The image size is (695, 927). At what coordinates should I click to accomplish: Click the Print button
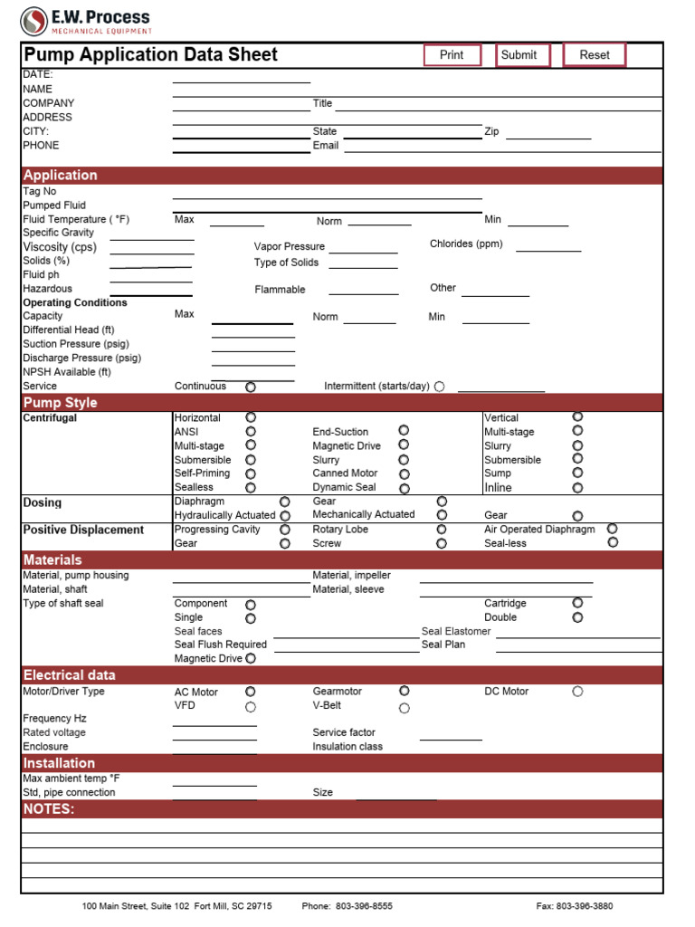(x=452, y=55)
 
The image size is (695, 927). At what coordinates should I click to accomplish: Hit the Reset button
(x=595, y=55)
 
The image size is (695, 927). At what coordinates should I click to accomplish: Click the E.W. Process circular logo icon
(x=34, y=21)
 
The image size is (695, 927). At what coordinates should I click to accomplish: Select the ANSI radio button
(x=251, y=432)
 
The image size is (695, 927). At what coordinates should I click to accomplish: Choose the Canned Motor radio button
(x=404, y=473)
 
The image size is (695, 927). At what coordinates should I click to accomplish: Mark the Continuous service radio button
(x=251, y=387)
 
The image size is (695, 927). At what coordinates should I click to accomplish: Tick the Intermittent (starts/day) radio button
(x=439, y=387)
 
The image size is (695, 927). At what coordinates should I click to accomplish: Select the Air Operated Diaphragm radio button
(x=613, y=529)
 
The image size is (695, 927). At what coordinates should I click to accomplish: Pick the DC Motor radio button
(x=577, y=692)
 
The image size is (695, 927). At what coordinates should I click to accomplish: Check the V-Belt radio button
(x=404, y=708)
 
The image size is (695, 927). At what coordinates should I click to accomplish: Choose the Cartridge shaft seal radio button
(x=577, y=603)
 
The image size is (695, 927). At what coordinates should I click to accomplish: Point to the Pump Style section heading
(x=61, y=403)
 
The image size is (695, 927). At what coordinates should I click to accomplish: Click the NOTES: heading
(x=49, y=809)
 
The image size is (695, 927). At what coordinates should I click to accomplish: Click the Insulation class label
(x=347, y=747)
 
